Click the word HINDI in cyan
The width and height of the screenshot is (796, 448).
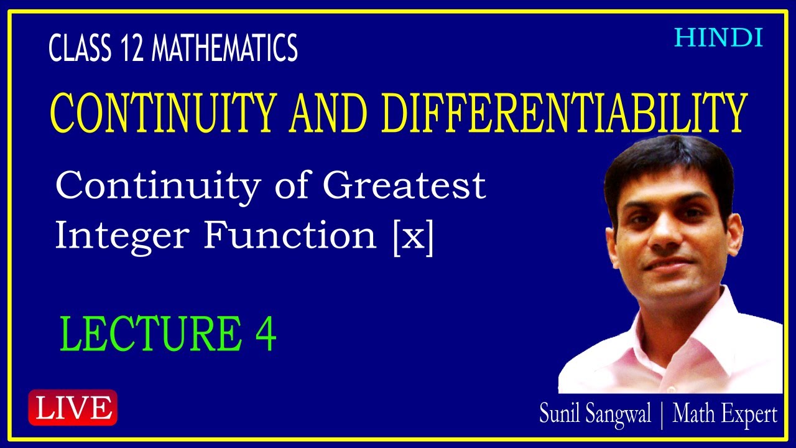(718, 39)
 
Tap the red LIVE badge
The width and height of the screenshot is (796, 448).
(73, 408)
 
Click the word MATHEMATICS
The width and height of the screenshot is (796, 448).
(224, 49)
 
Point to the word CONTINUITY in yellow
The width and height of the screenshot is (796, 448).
(162, 113)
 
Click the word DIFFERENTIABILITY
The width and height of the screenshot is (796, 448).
(563, 113)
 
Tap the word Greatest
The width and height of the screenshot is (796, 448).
(404, 185)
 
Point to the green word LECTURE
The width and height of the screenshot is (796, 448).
(150, 334)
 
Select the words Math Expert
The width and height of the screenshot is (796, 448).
(724, 414)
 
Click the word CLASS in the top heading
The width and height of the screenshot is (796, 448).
(78, 49)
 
